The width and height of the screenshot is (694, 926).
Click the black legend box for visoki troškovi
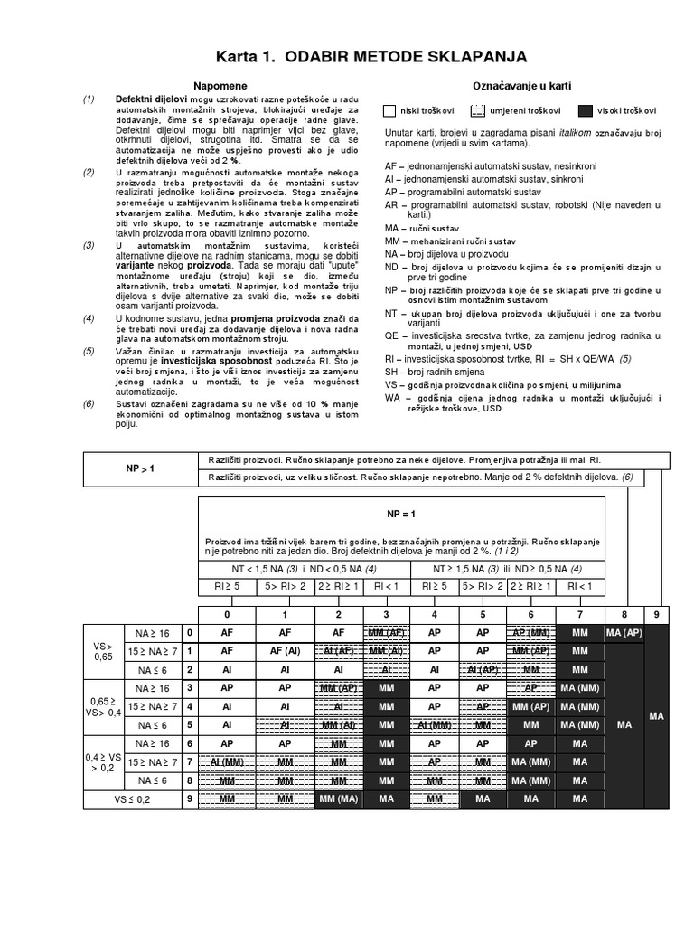click(x=586, y=110)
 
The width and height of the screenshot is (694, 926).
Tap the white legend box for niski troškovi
click(x=390, y=110)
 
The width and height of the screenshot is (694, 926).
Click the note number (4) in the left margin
click(x=89, y=319)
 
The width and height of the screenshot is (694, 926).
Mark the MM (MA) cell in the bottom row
click(x=339, y=799)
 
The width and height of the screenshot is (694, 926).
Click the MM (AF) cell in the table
click(x=387, y=631)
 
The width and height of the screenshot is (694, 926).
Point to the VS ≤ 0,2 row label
click(x=133, y=799)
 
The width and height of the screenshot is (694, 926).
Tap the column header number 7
click(x=578, y=614)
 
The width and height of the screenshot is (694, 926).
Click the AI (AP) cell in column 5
click(x=483, y=669)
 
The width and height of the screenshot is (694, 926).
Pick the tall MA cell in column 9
click(x=657, y=715)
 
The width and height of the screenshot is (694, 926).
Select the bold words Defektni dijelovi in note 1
click(x=151, y=98)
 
